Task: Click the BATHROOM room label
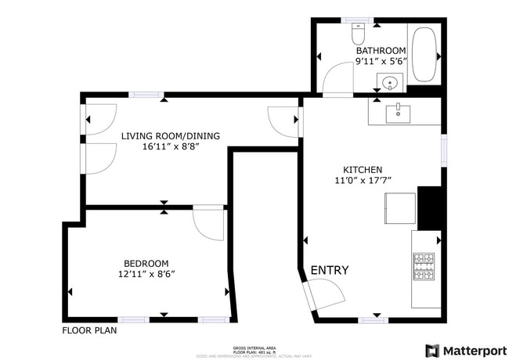pyautogui.click(x=381, y=51)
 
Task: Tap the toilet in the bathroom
pyautogui.click(x=359, y=34)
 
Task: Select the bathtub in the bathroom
pyautogui.click(x=425, y=55)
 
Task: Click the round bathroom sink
pyautogui.click(x=388, y=81)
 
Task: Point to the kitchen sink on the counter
pyautogui.click(x=399, y=112)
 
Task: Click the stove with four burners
pyautogui.click(x=424, y=267)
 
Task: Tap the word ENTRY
pyautogui.click(x=330, y=271)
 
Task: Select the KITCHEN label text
pyautogui.click(x=363, y=170)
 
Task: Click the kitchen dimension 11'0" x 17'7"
pyautogui.click(x=363, y=181)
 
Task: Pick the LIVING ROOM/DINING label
pyautogui.click(x=170, y=135)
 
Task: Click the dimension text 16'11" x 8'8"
pyautogui.click(x=170, y=146)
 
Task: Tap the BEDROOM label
pyautogui.click(x=146, y=263)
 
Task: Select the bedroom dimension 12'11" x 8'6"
pyautogui.click(x=146, y=274)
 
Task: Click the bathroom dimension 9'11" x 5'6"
pyautogui.click(x=381, y=61)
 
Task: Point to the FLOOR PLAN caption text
pyautogui.click(x=89, y=330)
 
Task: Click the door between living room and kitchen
pyautogui.click(x=282, y=121)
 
